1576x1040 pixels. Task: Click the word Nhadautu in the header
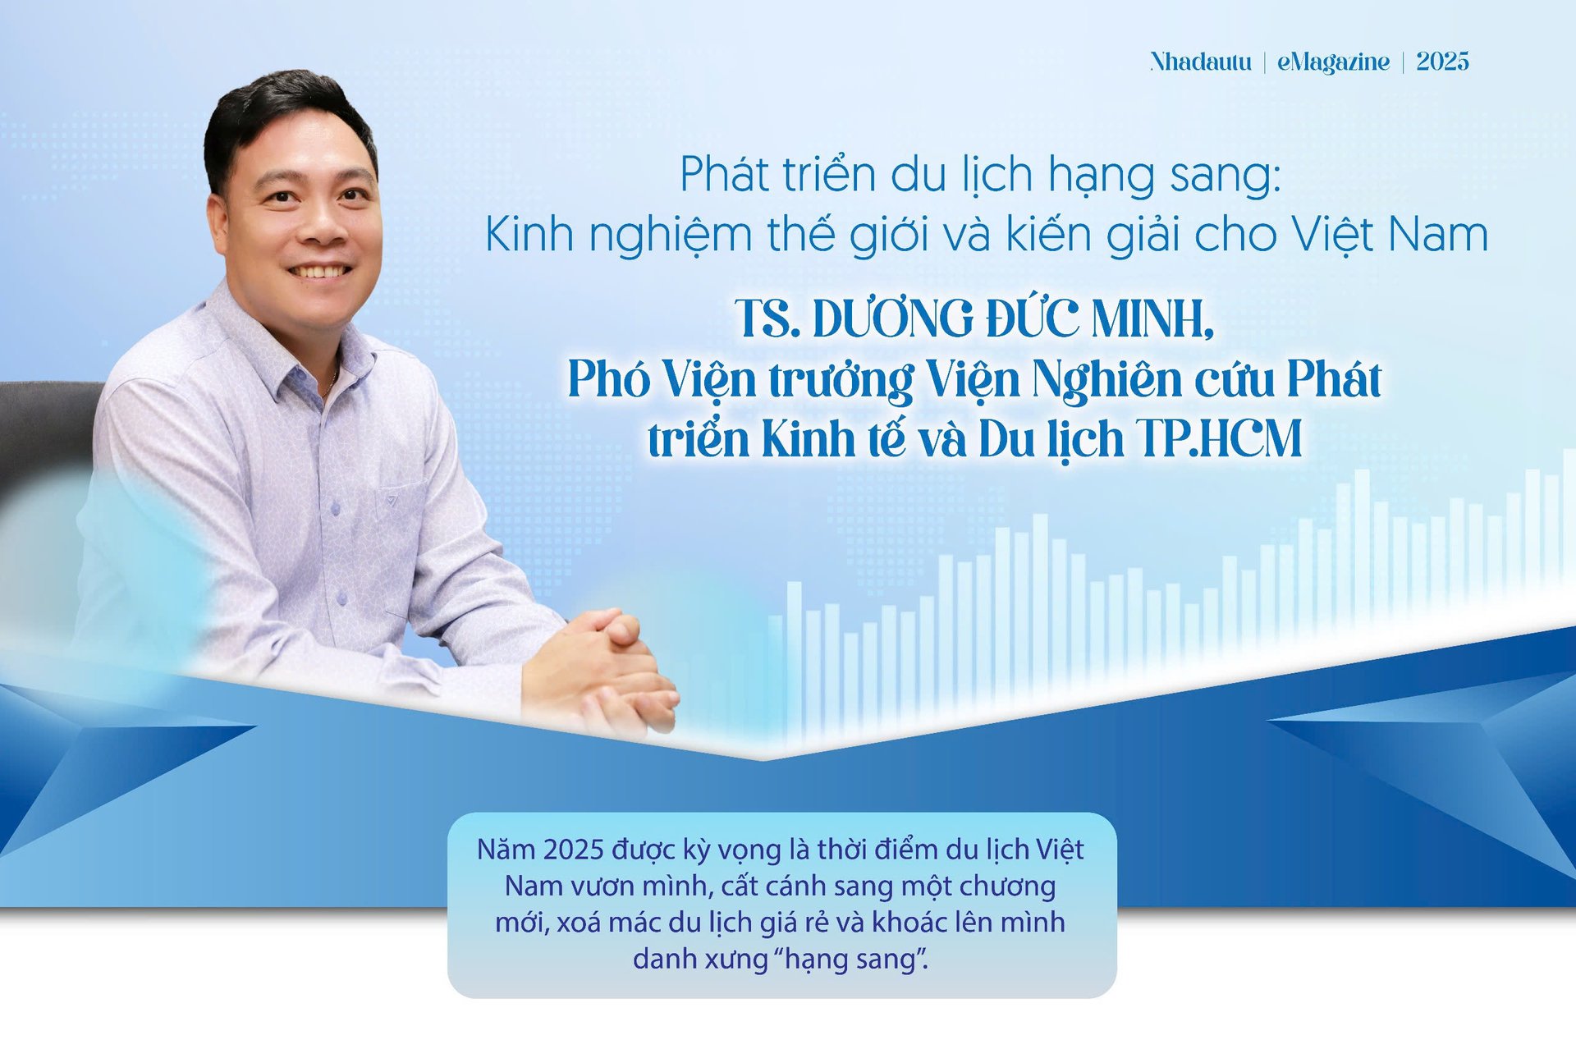coord(1200,62)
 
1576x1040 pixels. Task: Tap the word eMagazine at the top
coord(1333,62)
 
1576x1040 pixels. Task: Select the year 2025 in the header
coord(1442,62)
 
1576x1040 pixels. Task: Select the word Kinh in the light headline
coord(529,234)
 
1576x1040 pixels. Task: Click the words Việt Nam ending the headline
coord(1390,234)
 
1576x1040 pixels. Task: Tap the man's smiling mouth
coord(319,270)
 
